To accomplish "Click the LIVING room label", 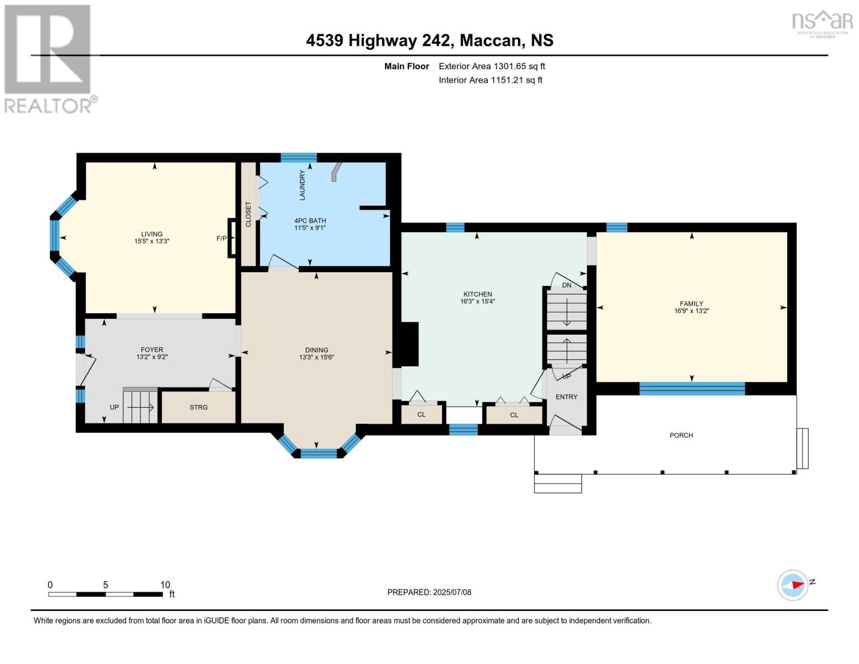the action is click(x=152, y=234).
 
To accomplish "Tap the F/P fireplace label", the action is click(x=221, y=238).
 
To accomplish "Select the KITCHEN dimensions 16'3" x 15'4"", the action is click(x=477, y=302).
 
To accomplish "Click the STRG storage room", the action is click(x=199, y=407).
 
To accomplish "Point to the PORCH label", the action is click(x=681, y=435).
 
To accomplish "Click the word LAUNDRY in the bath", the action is click(x=303, y=185).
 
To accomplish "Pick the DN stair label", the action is click(x=566, y=285).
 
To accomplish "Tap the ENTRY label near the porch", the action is click(x=566, y=397).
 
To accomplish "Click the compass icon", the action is click(x=792, y=585).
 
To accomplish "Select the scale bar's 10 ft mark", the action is click(x=165, y=585).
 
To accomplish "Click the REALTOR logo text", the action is click(x=48, y=106).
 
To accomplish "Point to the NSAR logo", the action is click(x=822, y=23).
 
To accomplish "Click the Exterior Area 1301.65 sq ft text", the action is click(x=492, y=66).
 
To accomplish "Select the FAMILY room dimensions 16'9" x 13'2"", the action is click(x=691, y=311).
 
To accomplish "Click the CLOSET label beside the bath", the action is click(x=248, y=214).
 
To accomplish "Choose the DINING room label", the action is click(x=316, y=350).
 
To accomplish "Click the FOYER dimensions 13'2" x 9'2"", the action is click(x=152, y=357).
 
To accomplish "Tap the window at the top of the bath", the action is click(x=299, y=157).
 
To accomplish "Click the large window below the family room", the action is click(x=692, y=388).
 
